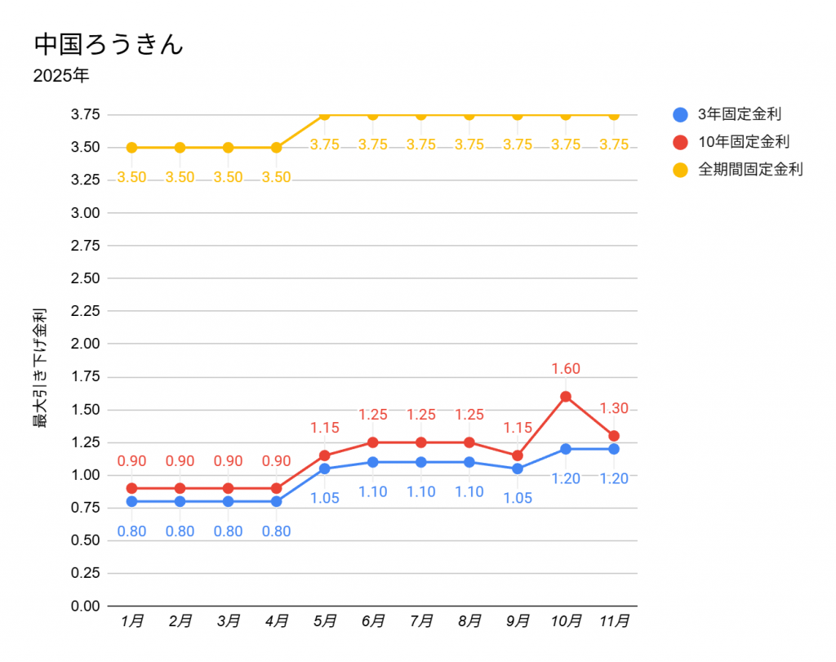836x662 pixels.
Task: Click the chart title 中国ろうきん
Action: coord(108,44)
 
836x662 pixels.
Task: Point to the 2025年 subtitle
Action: coord(61,77)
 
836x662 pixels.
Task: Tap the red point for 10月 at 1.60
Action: coord(566,397)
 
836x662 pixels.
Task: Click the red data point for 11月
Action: coord(614,436)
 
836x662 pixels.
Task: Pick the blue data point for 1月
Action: coord(131,501)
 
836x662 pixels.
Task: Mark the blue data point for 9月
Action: coord(518,469)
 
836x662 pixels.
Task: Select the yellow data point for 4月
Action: coord(277,148)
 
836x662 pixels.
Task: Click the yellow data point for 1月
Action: coord(131,148)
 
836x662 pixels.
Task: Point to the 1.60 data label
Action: coord(566,369)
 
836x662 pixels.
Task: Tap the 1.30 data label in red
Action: coord(614,409)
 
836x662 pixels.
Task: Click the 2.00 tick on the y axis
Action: coord(86,344)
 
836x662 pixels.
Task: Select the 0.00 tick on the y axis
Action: coord(86,606)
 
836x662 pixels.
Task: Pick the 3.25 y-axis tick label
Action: coord(86,180)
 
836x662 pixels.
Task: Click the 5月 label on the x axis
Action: coord(325,621)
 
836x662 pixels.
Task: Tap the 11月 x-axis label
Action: coord(614,621)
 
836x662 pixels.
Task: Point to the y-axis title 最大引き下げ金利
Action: coord(39,368)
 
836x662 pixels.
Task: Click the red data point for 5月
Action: coord(325,455)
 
